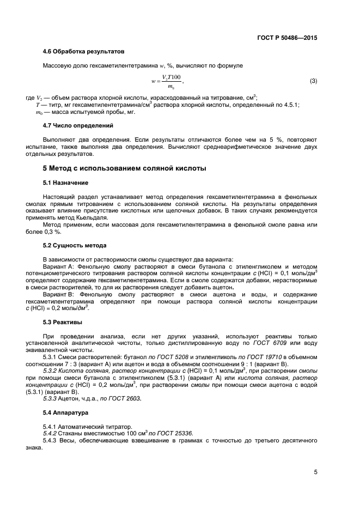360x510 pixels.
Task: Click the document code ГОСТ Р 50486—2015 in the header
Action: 287,38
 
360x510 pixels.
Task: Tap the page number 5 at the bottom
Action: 315,472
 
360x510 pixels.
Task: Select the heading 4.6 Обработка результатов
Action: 83,52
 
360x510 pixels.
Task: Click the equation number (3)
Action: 313,82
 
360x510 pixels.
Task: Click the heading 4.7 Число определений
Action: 77,125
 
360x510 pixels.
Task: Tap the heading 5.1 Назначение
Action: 65,182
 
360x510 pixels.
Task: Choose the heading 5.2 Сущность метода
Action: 74,245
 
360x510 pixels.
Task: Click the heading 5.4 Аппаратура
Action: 65,413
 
